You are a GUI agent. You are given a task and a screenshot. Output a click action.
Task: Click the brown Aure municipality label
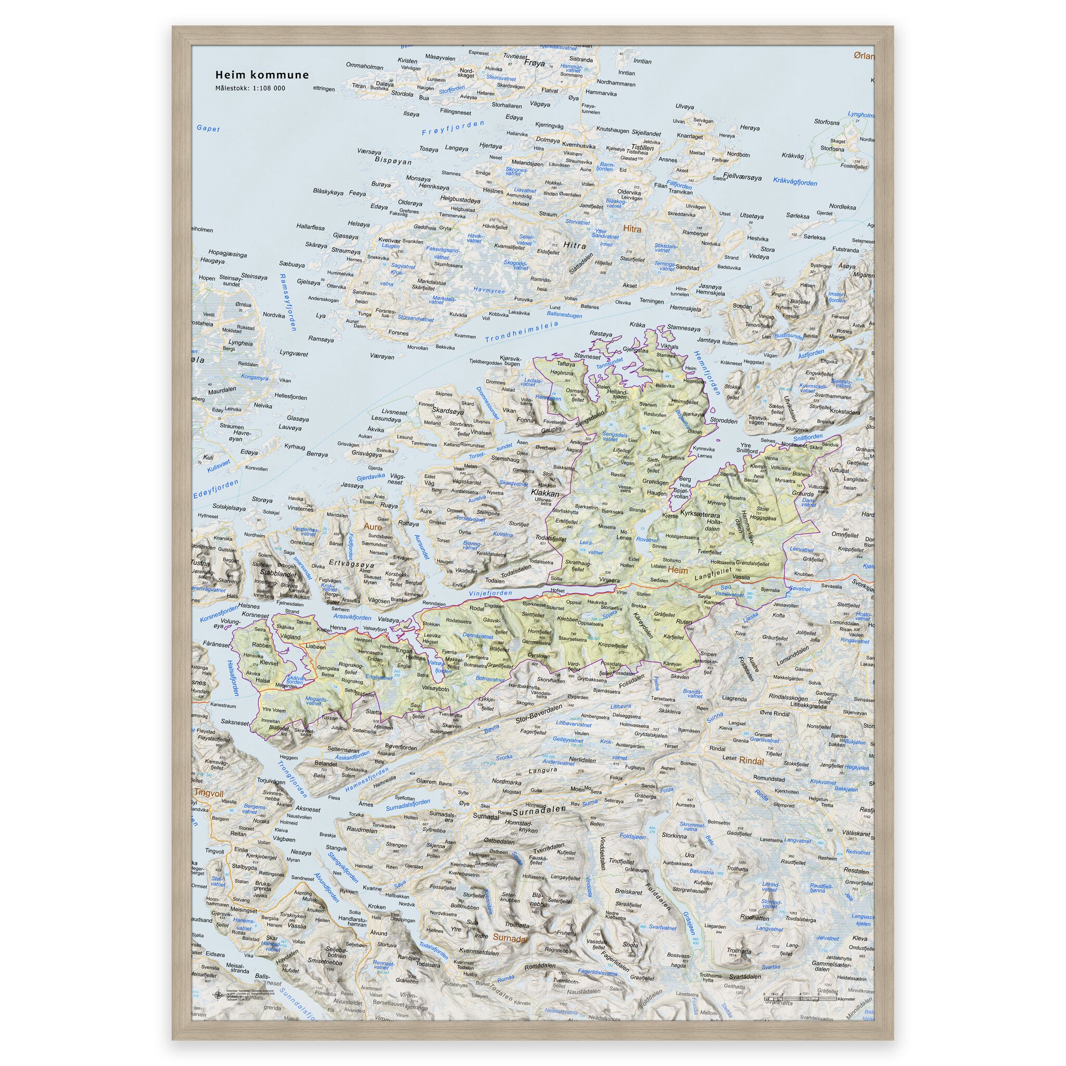[x=373, y=527]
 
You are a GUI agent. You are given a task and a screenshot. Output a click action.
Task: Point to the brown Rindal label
[x=752, y=761]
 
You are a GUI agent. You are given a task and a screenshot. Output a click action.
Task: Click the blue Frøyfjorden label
[x=452, y=128]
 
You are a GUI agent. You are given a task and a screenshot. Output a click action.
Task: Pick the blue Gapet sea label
[x=208, y=129]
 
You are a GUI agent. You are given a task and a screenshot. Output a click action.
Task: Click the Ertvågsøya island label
[x=352, y=564]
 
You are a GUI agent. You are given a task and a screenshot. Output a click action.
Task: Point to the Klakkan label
[x=544, y=493]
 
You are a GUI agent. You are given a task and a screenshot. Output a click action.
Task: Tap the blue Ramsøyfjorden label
[x=288, y=302]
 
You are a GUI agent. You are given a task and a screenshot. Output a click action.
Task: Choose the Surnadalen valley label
[x=539, y=811]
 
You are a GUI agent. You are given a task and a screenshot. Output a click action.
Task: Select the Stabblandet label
[x=278, y=573]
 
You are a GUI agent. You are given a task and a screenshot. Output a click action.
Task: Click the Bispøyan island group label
[x=393, y=162]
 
